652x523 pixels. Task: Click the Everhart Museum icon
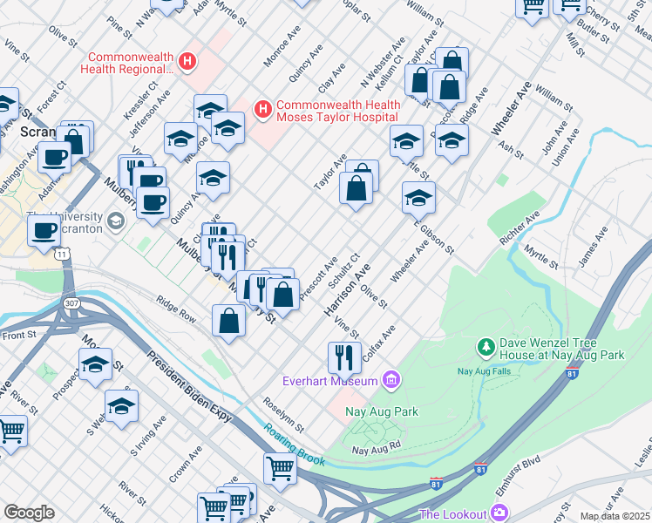[x=391, y=380]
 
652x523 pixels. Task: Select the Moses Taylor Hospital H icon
[x=261, y=110]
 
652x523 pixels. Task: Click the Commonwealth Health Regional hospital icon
[x=186, y=61]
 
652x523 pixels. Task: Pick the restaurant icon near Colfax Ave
[x=344, y=356]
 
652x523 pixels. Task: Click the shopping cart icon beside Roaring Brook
[x=280, y=467]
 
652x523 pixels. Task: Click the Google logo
[x=29, y=513]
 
